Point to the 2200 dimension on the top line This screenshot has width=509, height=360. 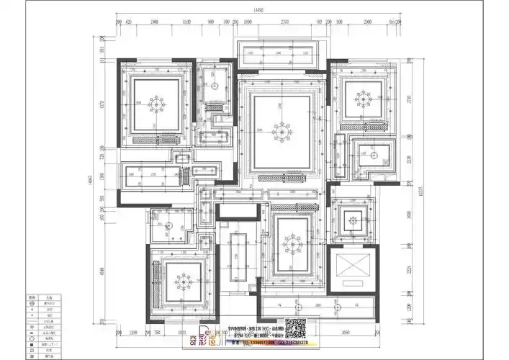tap(285, 22)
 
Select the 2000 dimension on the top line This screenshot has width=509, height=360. tap(367, 22)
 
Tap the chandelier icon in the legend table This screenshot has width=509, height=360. tap(32, 303)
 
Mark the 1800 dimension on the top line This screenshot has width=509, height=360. tap(155, 22)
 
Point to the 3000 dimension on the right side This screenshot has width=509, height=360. tap(408, 214)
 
